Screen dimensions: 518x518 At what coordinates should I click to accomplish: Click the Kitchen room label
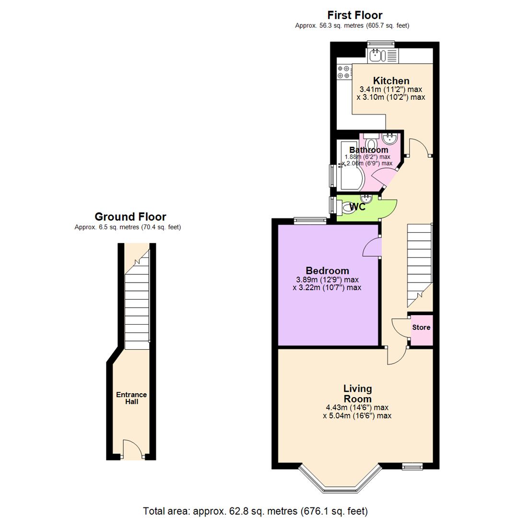coord(391,81)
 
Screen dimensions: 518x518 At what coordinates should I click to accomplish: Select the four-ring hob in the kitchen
coord(343,72)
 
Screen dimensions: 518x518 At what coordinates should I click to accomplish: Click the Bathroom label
coord(368,150)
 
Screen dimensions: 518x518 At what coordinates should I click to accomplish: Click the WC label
coord(357,207)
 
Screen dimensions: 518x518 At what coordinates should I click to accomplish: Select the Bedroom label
coord(328,271)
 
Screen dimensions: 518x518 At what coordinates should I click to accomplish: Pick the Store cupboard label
coord(421,328)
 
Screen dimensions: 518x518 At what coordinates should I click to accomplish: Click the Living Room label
coord(357,393)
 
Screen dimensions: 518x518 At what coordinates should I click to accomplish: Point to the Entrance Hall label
coord(131,398)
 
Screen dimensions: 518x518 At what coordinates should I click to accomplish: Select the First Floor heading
coord(355,15)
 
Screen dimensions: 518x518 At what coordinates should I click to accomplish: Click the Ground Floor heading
coord(130,217)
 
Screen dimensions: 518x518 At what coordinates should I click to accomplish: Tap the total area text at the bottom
coord(255,511)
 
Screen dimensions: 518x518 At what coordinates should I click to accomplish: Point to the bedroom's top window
coord(310,220)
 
